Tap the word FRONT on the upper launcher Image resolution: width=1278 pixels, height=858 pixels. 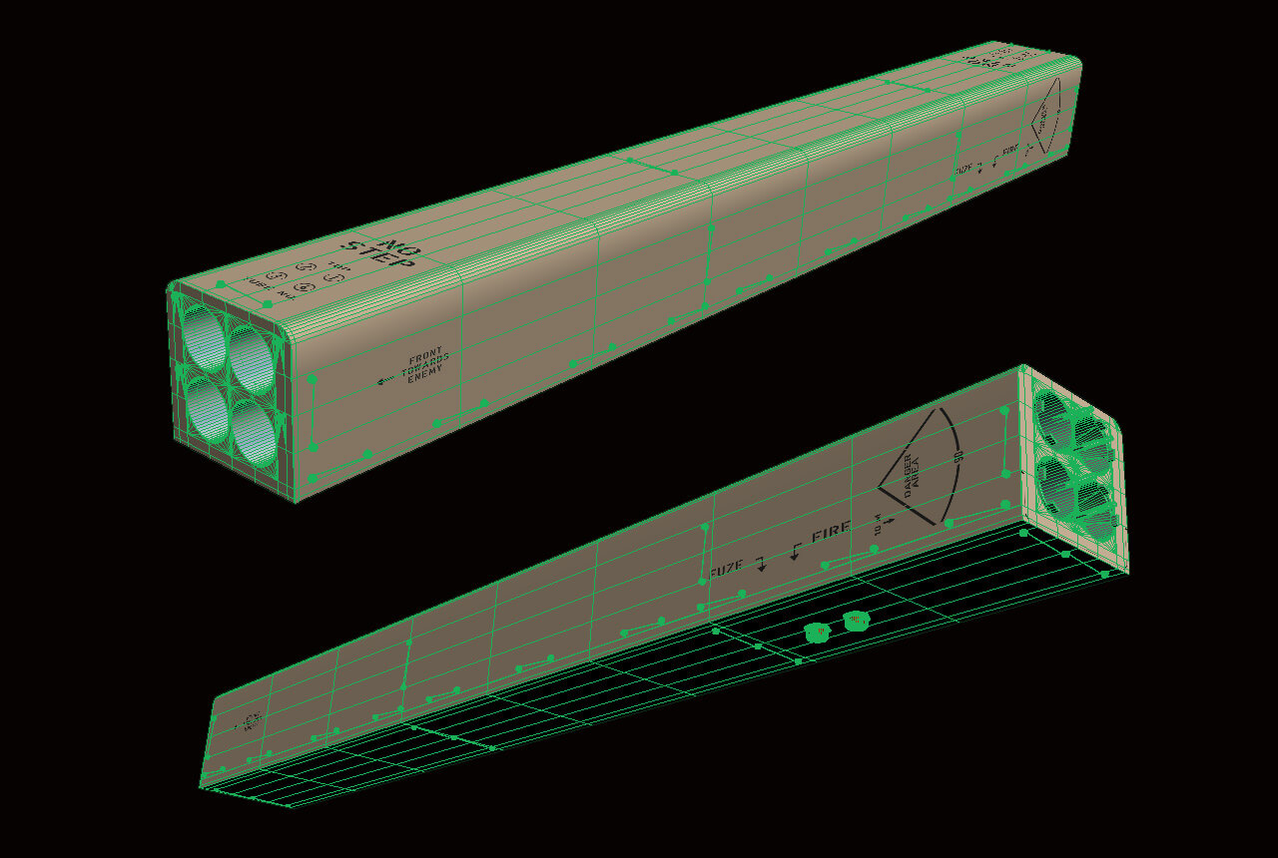(425, 354)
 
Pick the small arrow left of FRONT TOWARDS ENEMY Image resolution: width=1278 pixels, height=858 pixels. (386, 380)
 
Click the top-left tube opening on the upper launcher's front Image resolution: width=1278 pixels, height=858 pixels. (204, 336)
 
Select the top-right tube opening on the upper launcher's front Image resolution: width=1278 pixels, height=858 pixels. (250, 354)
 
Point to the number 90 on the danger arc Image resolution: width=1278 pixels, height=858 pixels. (957, 457)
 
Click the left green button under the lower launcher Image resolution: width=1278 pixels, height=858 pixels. (818, 632)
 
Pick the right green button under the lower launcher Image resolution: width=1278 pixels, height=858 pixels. (855, 622)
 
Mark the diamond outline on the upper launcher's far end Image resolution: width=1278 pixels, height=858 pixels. (1046, 118)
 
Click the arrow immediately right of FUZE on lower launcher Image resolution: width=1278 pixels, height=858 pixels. (761, 565)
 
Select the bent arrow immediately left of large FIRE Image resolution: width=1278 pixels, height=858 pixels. (796, 550)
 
